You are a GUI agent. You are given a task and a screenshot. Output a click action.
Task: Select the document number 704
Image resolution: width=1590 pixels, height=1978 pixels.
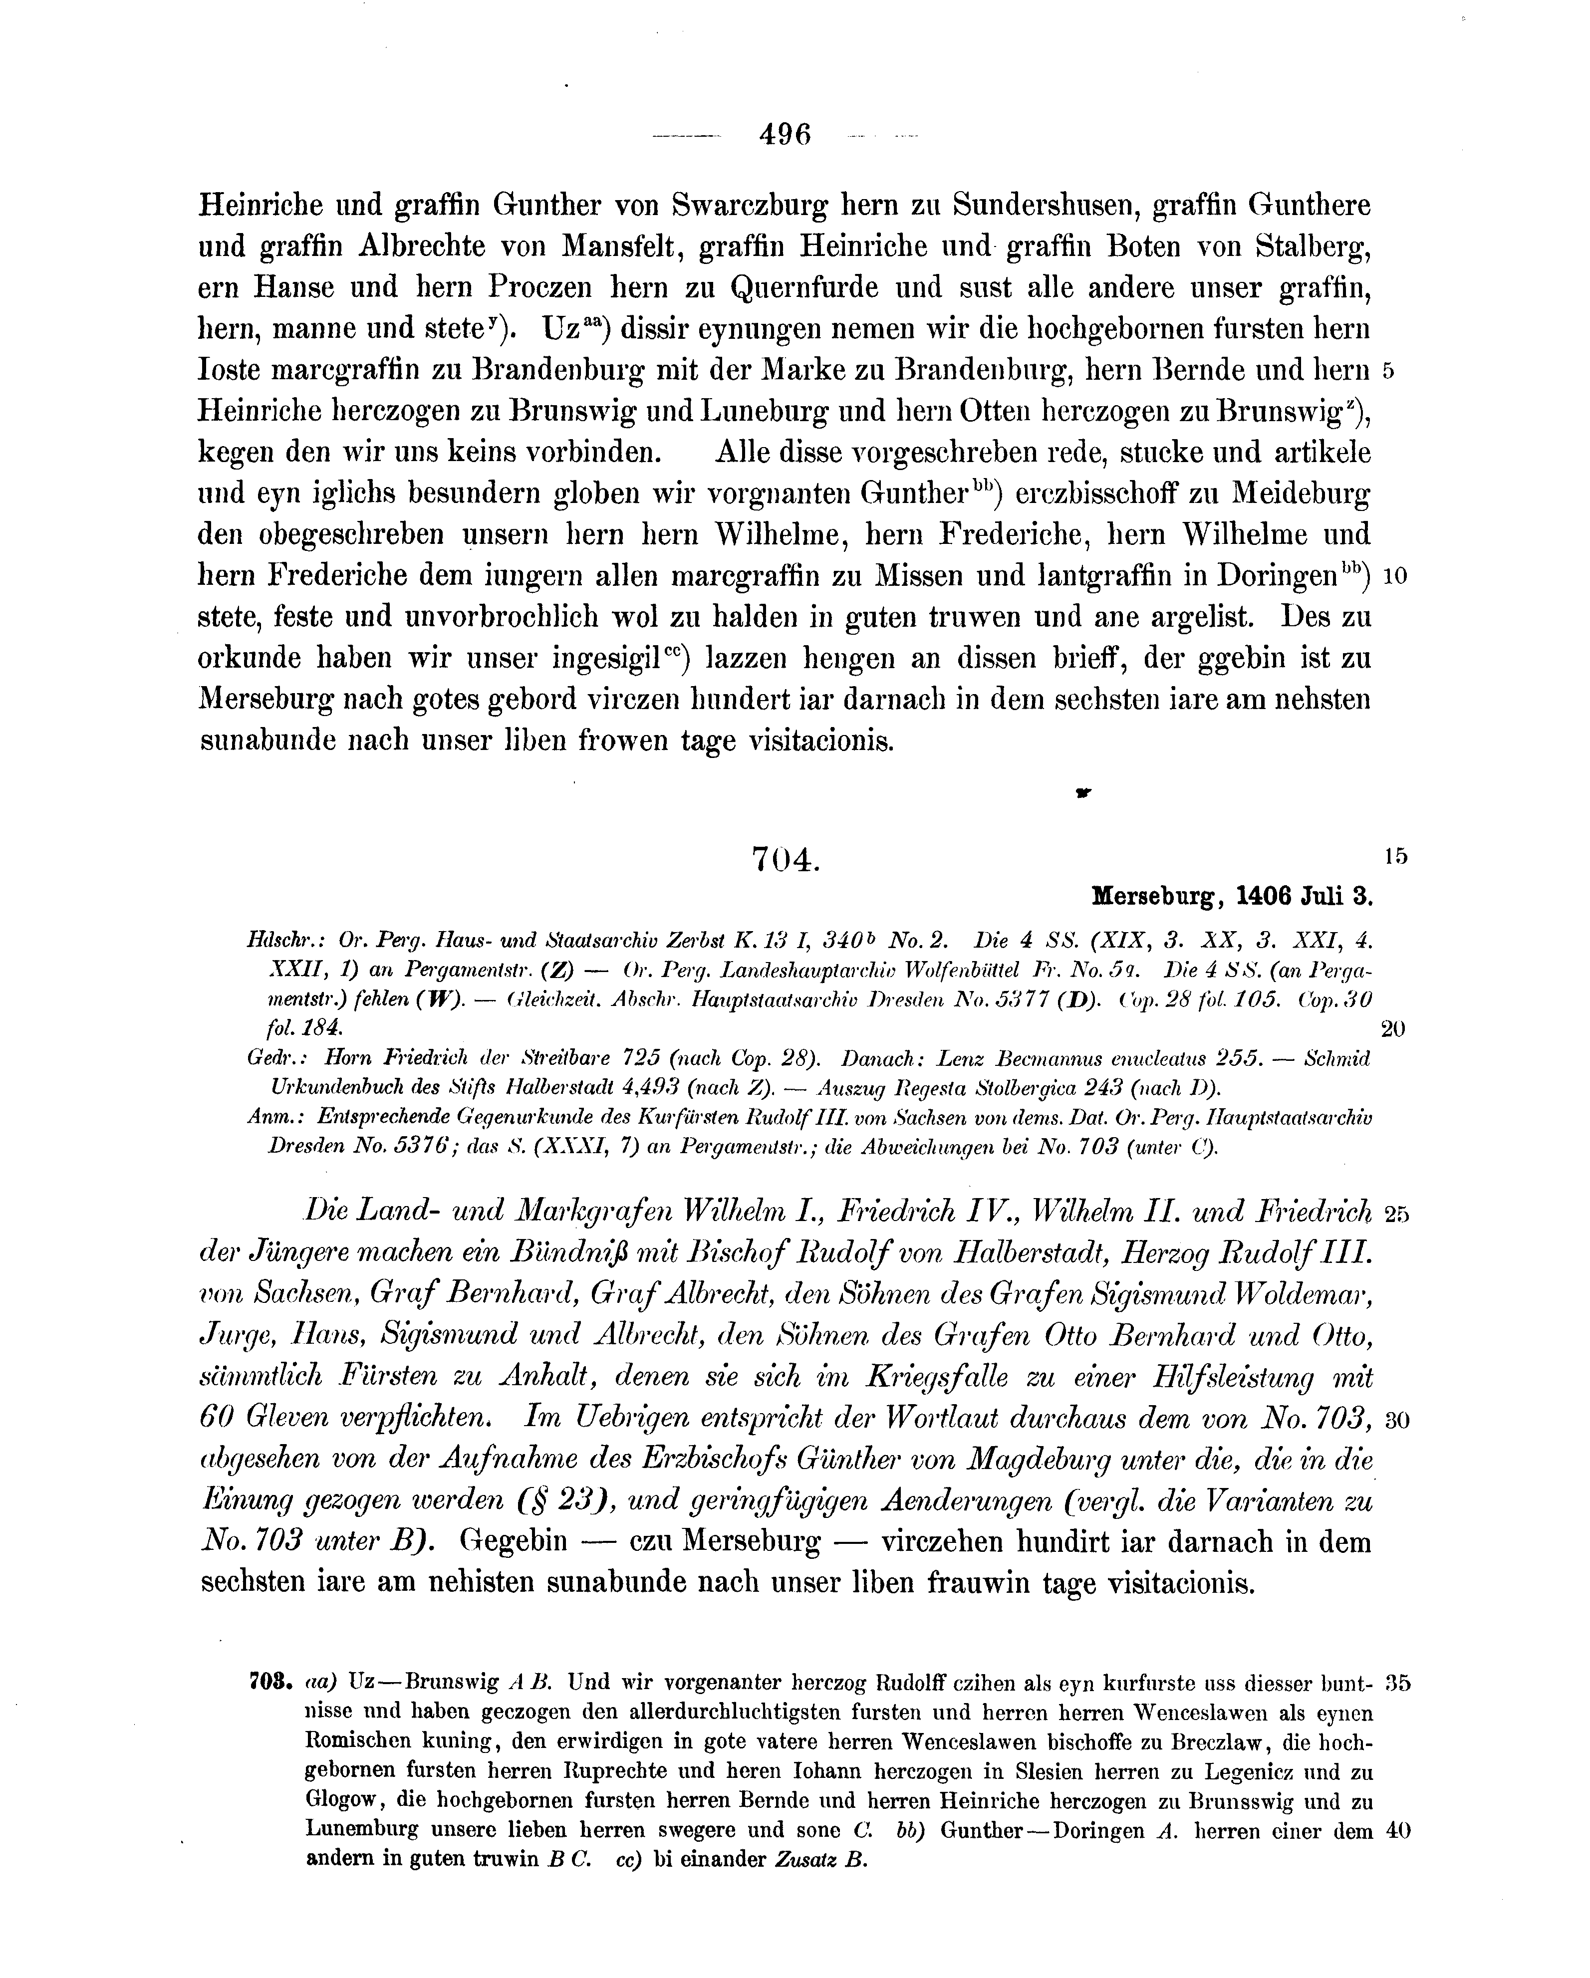coord(785,860)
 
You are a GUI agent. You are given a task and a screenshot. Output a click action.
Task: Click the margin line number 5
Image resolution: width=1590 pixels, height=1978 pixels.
coord(1387,372)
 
